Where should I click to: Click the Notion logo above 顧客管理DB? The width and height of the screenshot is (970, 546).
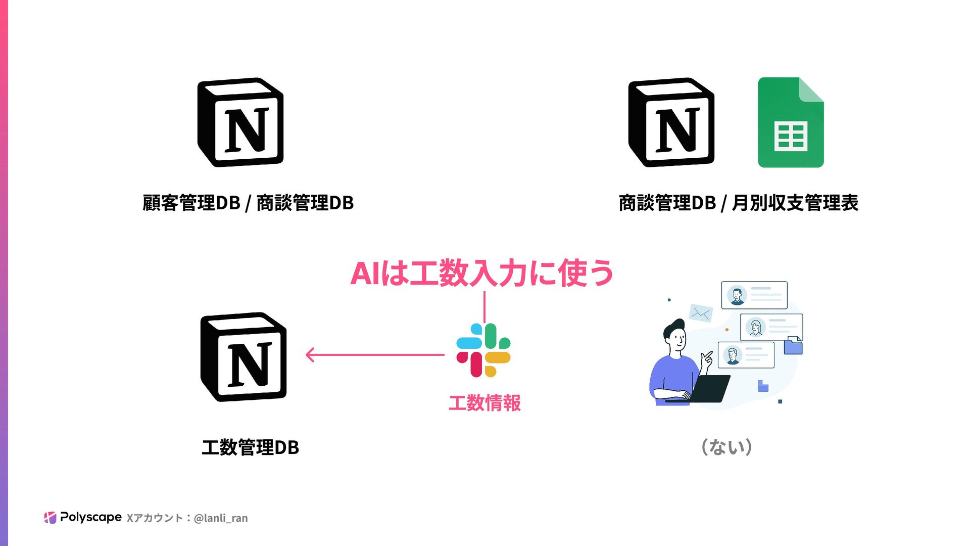(240, 122)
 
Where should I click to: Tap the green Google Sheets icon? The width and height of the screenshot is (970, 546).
(791, 122)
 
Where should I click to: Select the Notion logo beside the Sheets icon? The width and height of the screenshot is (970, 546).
(671, 122)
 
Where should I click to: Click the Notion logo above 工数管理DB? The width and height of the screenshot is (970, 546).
(244, 357)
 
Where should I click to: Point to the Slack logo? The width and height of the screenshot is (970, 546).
(483, 350)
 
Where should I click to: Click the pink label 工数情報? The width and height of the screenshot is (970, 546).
(484, 403)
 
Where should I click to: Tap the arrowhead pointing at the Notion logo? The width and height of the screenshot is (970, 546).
(310, 355)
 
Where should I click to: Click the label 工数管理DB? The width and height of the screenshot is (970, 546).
(250, 447)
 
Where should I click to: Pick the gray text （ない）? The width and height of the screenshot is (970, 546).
(727, 447)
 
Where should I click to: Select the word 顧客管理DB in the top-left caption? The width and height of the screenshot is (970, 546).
(191, 203)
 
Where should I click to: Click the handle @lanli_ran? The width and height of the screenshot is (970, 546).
(221, 518)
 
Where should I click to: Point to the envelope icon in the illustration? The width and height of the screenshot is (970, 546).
(701, 313)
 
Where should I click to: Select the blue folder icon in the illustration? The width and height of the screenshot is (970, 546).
(793, 346)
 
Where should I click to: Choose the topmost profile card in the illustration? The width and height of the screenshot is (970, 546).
(754, 295)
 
